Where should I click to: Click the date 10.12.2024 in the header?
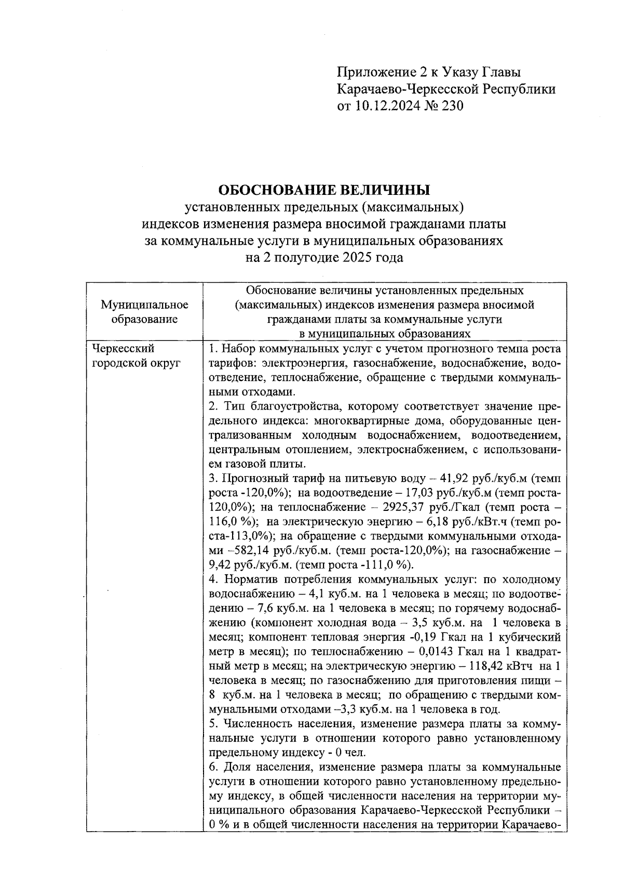pos(389,106)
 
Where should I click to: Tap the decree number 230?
pos(450,106)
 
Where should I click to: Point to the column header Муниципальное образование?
pos(144,312)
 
